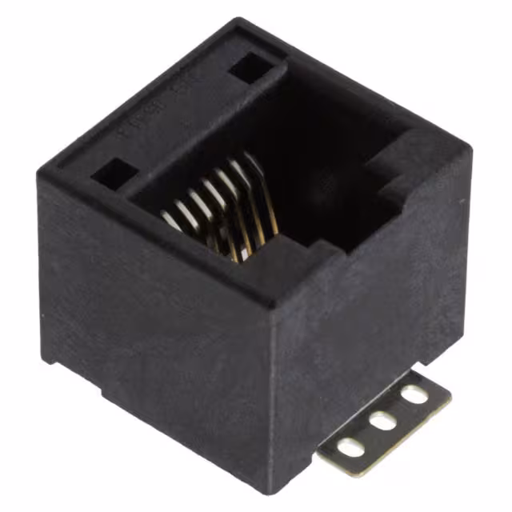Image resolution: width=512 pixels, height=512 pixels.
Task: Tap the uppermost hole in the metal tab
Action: pos(414,394)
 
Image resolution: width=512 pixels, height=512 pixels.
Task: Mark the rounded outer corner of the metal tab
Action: pos(445,388)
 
